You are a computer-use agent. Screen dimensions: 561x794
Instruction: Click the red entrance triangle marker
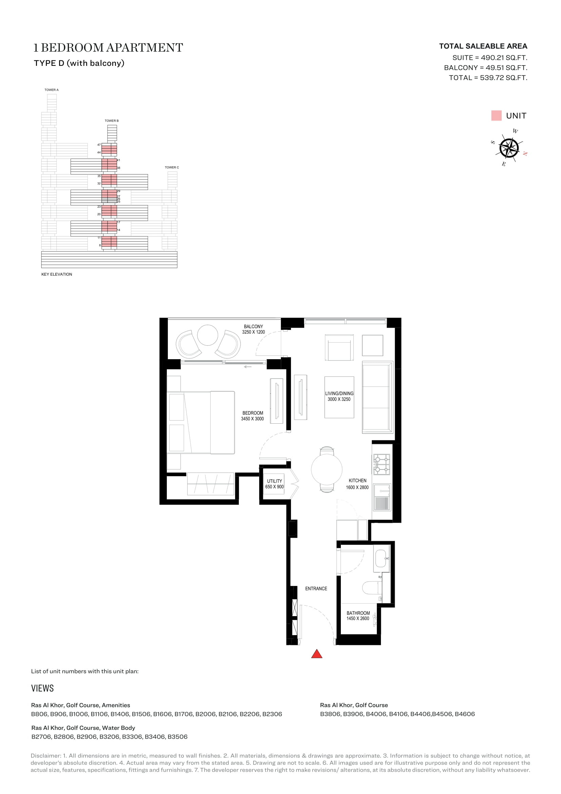[x=316, y=653]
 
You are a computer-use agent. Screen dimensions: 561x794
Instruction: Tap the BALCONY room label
[x=253, y=327]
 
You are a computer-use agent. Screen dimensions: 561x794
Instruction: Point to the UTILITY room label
[x=274, y=481]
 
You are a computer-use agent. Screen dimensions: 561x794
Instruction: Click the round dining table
[x=326, y=469]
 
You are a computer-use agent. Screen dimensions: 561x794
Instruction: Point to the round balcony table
[x=208, y=335]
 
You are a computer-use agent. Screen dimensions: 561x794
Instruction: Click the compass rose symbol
[x=509, y=148]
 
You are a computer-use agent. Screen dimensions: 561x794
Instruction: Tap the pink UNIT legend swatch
[x=496, y=115]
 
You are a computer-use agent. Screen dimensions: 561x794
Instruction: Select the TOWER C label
[x=172, y=167]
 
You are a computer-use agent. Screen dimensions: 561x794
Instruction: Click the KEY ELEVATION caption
[x=57, y=274]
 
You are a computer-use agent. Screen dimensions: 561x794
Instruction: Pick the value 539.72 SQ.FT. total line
[x=504, y=78]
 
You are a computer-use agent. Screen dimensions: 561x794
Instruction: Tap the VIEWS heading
[x=42, y=688]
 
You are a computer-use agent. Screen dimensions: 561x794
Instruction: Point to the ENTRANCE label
[x=316, y=589]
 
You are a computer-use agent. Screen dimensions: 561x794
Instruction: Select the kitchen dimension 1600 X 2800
[x=357, y=487]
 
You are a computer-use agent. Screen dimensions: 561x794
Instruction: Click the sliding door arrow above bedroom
[x=248, y=367]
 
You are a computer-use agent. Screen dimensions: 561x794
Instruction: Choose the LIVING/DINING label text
[x=339, y=393]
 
